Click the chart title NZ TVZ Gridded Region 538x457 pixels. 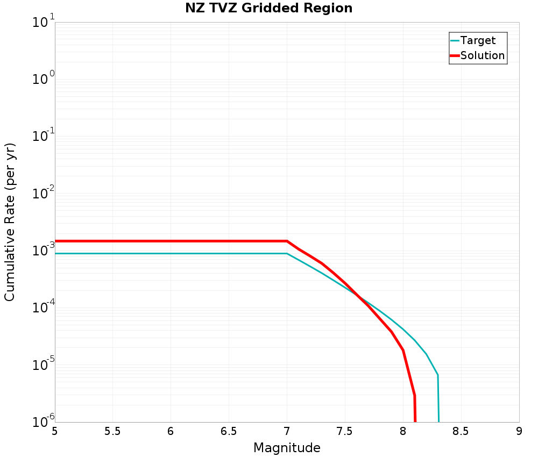click(269, 9)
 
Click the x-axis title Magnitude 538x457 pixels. click(287, 448)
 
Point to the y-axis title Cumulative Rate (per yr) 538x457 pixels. click(10, 222)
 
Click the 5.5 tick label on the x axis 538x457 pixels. click(112, 431)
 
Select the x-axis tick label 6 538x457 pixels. click(171, 431)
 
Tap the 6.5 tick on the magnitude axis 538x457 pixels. click(229, 431)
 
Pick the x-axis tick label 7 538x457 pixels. click(287, 431)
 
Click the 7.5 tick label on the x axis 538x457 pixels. click(345, 431)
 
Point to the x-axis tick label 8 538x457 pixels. click(403, 431)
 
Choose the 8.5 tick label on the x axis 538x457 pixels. click(461, 431)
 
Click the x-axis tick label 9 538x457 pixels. click(519, 431)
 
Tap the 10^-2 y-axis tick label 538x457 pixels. click(44, 194)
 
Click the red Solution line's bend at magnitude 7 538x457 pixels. click(287, 241)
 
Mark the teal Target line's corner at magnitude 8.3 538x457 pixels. click(438, 375)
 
